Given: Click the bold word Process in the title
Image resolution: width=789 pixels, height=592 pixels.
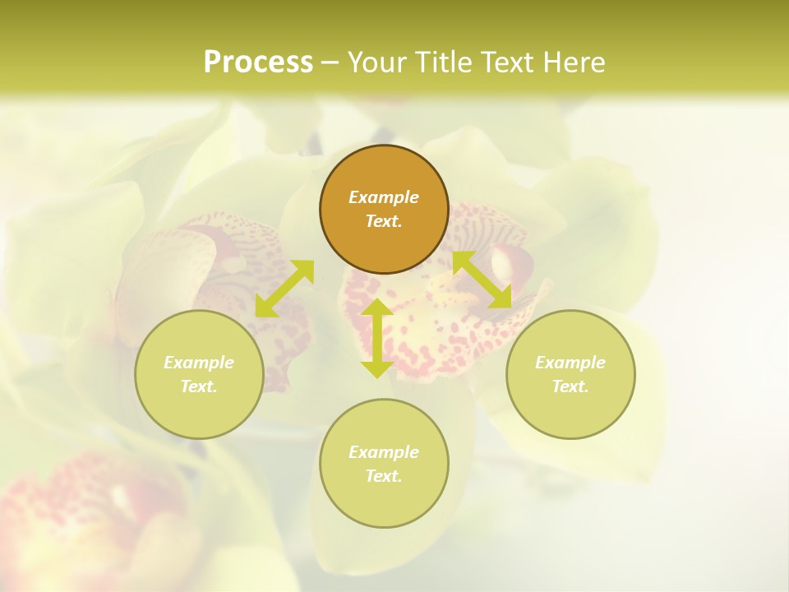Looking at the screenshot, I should click(258, 62).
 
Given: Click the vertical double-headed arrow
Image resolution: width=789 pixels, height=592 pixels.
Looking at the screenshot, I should click(377, 338).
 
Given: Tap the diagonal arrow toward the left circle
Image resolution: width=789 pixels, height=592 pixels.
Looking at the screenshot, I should click(284, 288).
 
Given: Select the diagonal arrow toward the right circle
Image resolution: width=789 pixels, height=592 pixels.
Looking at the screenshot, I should click(482, 280).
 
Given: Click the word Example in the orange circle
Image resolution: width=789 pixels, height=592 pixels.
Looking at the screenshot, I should click(384, 197).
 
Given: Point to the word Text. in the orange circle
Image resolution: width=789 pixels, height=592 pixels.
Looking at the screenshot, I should click(384, 221).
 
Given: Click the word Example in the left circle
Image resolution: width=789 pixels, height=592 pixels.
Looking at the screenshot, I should click(199, 363).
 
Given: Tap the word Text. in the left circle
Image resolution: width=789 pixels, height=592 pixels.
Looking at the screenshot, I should click(199, 386).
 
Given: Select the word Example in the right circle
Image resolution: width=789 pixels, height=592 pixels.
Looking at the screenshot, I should click(570, 363).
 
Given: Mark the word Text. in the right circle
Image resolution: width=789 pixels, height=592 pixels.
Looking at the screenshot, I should click(570, 386).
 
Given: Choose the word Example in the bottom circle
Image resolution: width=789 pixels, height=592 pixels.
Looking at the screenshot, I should click(384, 452).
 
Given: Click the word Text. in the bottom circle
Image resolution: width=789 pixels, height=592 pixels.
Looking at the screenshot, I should click(384, 476).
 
